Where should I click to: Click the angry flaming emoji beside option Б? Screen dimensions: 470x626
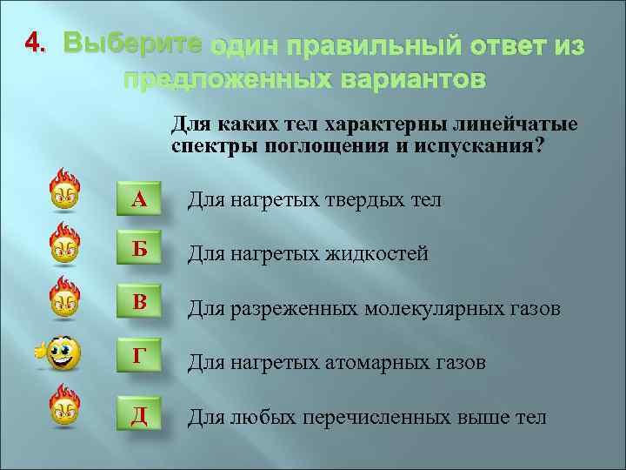(65, 245)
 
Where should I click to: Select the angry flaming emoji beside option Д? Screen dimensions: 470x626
(65, 406)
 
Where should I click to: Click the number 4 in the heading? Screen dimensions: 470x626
(32, 43)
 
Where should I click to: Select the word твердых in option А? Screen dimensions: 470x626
(357, 201)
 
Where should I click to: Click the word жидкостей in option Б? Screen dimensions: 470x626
(376, 254)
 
